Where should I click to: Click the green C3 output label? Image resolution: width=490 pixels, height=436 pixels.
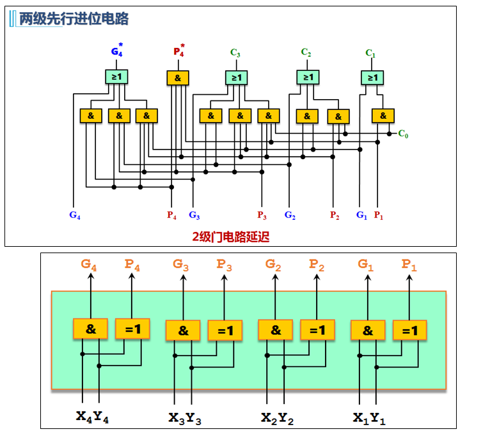pyautogui.click(x=236, y=53)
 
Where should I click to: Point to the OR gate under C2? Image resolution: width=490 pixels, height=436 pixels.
pyautogui.click(x=308, y=77)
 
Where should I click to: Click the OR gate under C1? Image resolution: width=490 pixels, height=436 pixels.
pyautogui.click(x=372, y=77)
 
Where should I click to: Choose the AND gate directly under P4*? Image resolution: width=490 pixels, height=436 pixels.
pyautogui.click(x=178, y=77)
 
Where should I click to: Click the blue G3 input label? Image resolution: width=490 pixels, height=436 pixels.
pyautogui.click(x=195, y=215)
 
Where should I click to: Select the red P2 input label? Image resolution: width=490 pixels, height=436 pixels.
pyautogui.click(x=335, y=215)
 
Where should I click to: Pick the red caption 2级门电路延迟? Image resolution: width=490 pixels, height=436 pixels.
pyautogui.click(x=231, y=237)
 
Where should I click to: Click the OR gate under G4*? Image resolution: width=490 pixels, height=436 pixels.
pyautogui.click(x=117, y=77)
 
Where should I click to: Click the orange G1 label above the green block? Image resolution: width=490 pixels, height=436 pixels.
pyautogui.click(x=367, y=264)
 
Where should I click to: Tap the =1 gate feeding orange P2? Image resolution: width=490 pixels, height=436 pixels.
pyautogui.click(x=317, y=330)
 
